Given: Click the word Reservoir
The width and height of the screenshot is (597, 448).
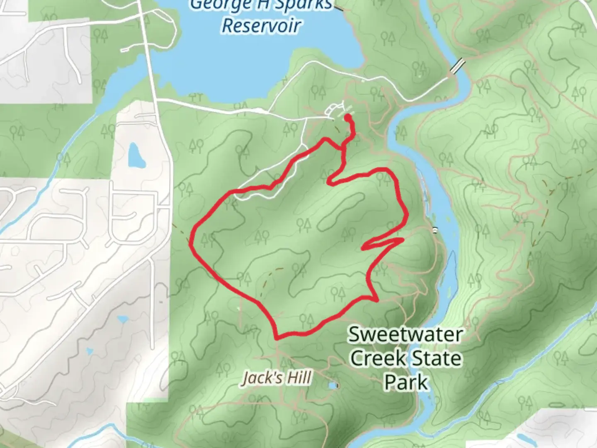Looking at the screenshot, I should point(261,25).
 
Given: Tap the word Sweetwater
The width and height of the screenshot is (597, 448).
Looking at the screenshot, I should point(405,334).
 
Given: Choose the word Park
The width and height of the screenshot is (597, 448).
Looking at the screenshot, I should point(405,382).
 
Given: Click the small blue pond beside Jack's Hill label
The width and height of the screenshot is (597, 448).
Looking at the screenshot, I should point(332,386).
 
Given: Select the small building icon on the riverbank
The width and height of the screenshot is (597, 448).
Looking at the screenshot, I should point(434,230).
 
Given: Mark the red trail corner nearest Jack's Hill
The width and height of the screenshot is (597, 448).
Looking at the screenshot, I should point(277,338).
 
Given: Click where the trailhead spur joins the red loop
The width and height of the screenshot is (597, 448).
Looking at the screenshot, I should point(344,147).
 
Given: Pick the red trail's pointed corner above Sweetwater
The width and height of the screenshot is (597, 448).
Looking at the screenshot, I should point(377,299).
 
